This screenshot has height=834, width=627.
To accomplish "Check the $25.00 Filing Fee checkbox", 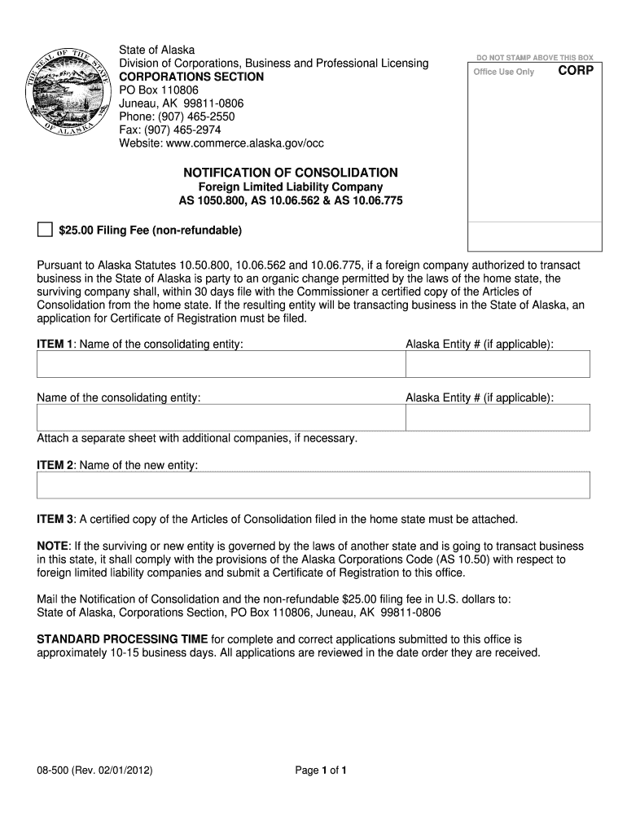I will pyautogui.click(x=45, y=230).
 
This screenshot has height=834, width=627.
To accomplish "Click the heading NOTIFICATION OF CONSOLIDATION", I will pyautogui.click(x=290, y=173).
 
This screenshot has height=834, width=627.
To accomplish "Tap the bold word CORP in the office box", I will pyautogui.click(x=576, y=71).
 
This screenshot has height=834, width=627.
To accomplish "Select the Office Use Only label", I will pyautogui.click(x=504, y=72).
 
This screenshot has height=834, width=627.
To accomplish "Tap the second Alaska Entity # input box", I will pyautogui.click(x=498, y=418).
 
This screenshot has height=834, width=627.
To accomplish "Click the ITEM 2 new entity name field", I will pyautogui.click(x=313, y=485).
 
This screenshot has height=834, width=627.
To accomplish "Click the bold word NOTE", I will pyautogui.click(x=53, y=545).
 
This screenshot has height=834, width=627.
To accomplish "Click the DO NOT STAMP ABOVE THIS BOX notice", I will pyautogui.click(x=535, y=58).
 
